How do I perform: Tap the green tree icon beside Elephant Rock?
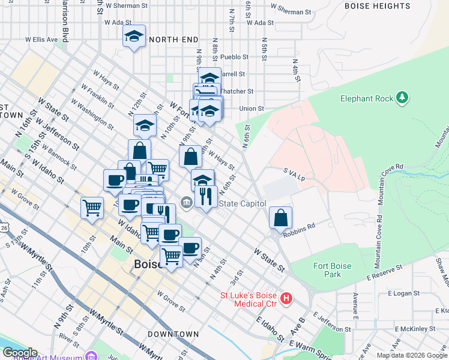point(402,97)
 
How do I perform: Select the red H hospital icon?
point(287,298)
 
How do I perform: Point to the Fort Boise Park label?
point(327,270)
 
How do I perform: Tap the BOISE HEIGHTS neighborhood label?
point(377,6)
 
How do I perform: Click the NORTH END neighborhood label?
point(173,39)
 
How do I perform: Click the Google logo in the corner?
point(20,353)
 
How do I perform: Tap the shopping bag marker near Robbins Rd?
point(281,218)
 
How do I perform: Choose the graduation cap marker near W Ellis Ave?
point(134,37)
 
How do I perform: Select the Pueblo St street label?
point(234,57)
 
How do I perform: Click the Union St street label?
point(252,109)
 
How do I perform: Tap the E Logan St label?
point(407,293)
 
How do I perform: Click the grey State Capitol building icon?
point(186,203)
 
